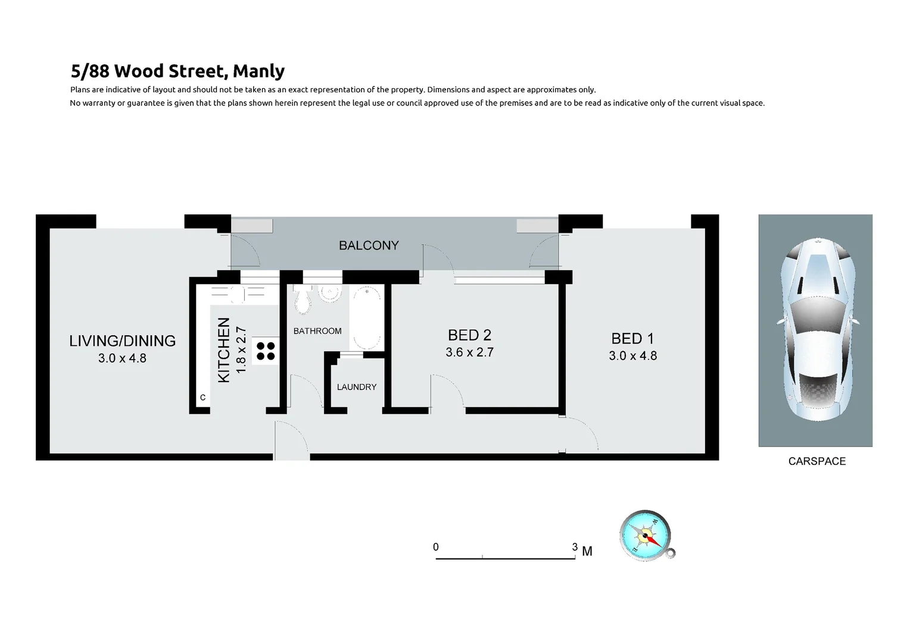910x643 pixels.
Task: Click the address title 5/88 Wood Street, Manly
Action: point(177,71)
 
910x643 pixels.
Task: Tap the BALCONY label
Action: point(369,245)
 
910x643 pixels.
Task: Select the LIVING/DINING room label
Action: point(122,341)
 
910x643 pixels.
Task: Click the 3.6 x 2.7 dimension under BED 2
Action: point(469,352)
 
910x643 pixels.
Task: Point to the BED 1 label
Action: point(632,339)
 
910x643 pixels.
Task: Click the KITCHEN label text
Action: point(224,350)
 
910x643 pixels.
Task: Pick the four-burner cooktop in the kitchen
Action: point(266,351)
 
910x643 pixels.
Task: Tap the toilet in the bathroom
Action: point(303,299)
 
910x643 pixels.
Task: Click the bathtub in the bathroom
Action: point(366,317)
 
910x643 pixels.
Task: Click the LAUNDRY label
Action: point(357,387)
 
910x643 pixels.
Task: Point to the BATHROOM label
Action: point(317,331)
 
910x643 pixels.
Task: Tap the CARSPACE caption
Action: point(816,461)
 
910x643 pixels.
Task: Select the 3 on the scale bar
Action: point(574,547)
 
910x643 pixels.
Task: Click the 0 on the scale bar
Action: point(436,547)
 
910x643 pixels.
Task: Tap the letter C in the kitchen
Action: point(202,397)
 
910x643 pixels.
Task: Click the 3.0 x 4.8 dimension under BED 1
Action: point(632,356)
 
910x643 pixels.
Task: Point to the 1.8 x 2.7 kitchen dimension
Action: point(241,350)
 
